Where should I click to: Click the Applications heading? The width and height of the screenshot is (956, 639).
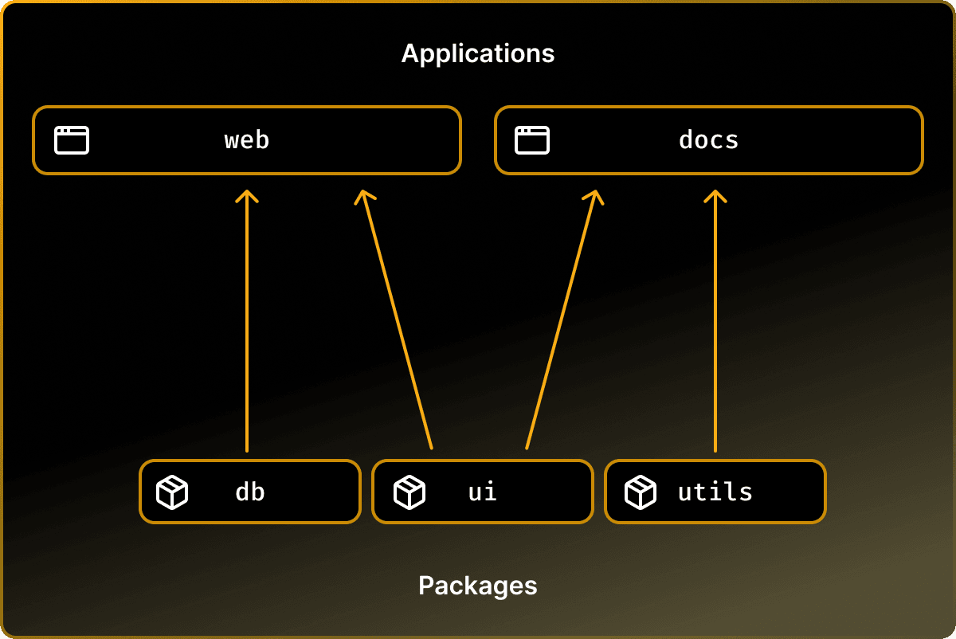point(478,53)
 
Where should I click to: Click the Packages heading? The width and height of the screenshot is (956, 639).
point(478,586)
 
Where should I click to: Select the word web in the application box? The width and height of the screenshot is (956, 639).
point(247,140)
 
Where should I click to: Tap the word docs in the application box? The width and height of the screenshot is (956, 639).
point(708,140)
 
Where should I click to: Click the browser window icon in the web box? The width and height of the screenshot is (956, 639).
point(72,140)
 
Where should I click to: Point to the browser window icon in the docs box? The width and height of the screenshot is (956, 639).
point(532,140)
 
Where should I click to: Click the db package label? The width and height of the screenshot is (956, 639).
point(250,492)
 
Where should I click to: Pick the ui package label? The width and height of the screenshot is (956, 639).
point(483,492)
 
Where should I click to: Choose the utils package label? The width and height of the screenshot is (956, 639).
point(715,492)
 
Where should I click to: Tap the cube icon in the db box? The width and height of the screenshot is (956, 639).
point(172,492)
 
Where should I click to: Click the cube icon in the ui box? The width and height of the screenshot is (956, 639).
point(409,492)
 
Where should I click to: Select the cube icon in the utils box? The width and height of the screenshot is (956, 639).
point(641,492)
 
